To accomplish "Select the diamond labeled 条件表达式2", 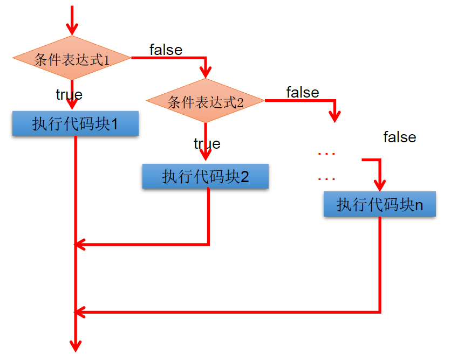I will (x=205, y=101).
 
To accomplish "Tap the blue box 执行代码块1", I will (x=76, y=124).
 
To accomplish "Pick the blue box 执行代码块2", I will (x=205, y=176).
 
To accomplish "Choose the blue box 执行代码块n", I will (x=380, y=205).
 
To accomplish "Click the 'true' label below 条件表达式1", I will (x=69, y=95).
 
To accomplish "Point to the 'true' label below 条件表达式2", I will (x=207, y=144).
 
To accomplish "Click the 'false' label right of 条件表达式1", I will (x=166, y=50).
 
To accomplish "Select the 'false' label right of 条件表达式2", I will (x=303, y=93).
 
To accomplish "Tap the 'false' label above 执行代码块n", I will (x=400, y=137).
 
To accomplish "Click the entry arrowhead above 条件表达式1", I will (x=72, y=29).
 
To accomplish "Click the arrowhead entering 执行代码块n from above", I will (x=380, y=184).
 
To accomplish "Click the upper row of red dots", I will (x=327, y=154).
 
